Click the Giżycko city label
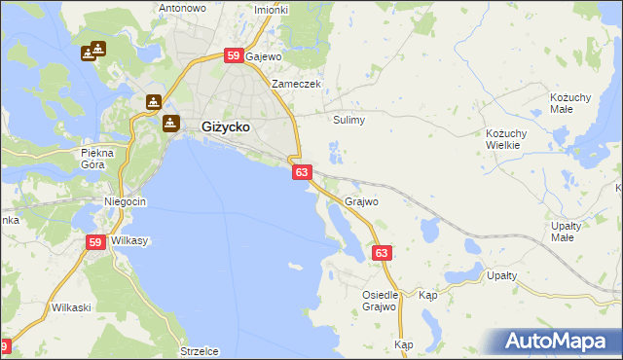click(x=227, y=126)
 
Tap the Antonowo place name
click(x=182, y=8)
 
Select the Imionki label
click(x=271, y=10)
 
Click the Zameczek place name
click(x=296, y=84)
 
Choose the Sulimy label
click(x=348, y=120)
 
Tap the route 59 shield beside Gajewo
click(x=234, y=56)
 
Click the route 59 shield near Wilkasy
click(x=95, y=243)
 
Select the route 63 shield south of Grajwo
click(x=383, y=253)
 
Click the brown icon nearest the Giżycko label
click(x=171, y=123)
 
